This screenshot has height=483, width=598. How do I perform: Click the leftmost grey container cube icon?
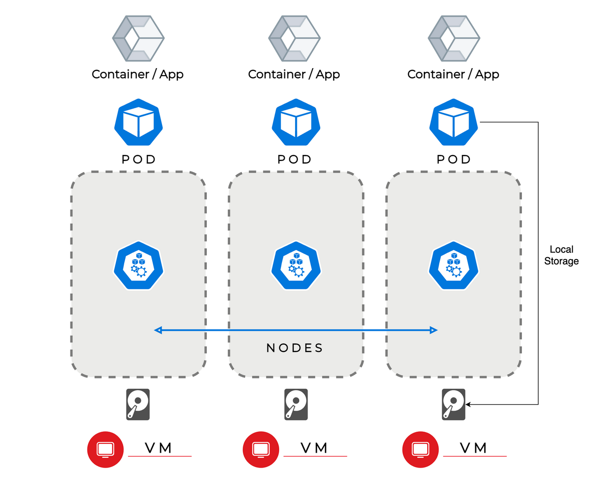[138, 38]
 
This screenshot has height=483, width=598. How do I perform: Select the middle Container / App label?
[294, 74]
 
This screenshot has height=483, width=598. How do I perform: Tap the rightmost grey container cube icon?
[454, 38]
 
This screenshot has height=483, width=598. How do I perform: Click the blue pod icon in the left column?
[139, 123]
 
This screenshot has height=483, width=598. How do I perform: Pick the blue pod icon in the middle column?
[296, 123]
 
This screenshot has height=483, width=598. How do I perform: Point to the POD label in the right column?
[454, 160]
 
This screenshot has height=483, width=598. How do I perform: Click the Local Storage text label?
[561, 255]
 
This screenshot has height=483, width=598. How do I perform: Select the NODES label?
[295, 348]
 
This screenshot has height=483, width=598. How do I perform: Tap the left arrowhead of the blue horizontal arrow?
[158, 330]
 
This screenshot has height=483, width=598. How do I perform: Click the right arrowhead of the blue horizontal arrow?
[434, 330]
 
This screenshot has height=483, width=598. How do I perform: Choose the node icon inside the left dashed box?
[139, 266]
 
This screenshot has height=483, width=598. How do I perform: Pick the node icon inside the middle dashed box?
[296, 266]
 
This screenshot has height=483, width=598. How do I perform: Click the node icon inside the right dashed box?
[454, 266]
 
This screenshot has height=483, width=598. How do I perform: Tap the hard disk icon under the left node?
[138, 404]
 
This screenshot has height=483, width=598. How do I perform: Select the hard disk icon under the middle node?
[296, 404]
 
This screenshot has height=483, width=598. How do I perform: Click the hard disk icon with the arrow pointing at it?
[453, 404]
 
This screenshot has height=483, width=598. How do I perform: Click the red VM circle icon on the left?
[106, 449]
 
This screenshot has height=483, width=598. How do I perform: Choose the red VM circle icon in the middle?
[261, 449]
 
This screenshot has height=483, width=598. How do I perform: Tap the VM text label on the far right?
[473, 448]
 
